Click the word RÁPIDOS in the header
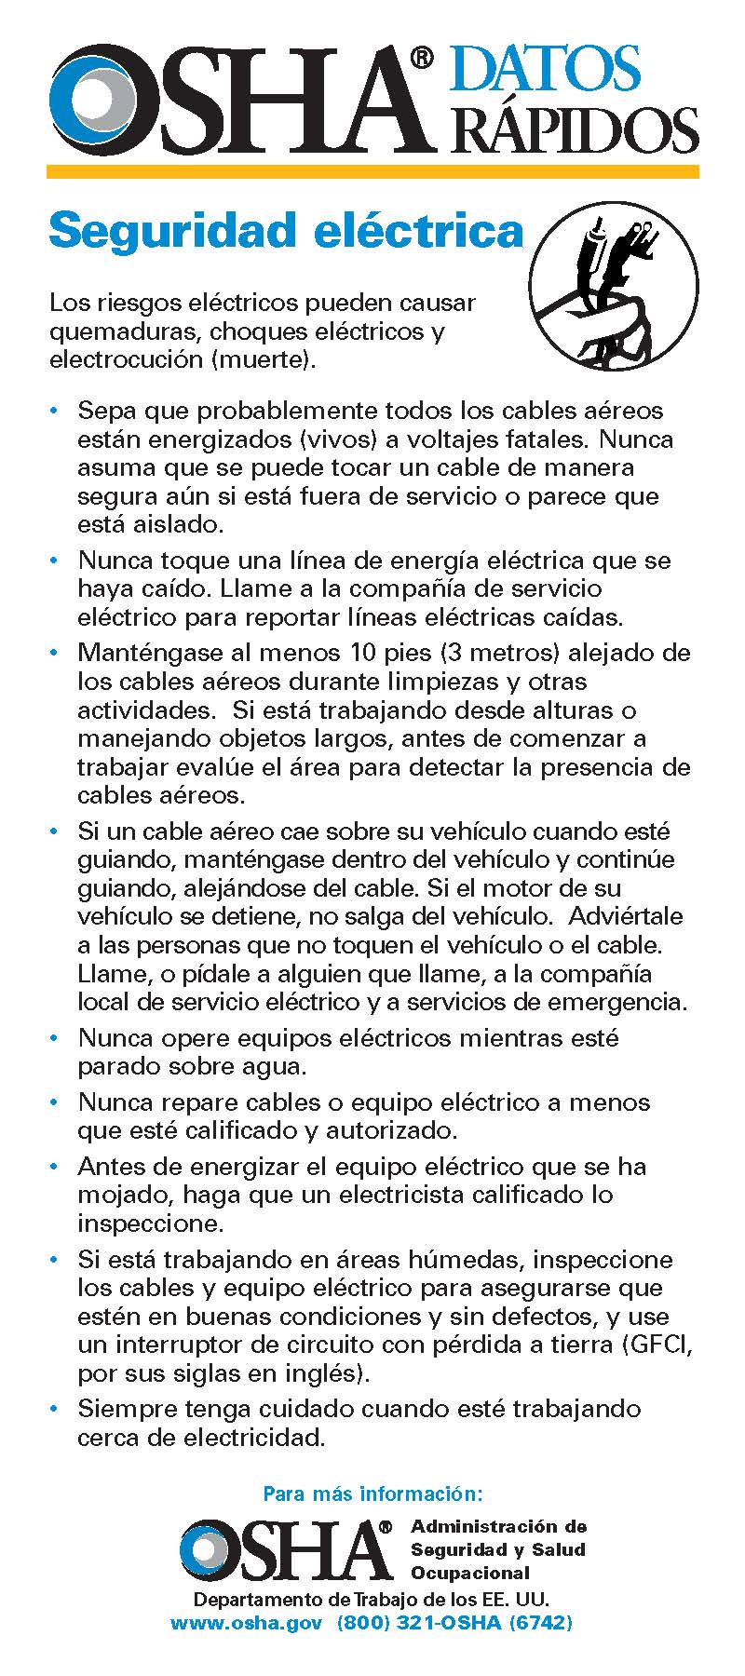point(575,128)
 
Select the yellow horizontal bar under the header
point(372,171)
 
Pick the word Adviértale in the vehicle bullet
point(633,915)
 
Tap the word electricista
point(407,1194)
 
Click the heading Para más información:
point(372,1494)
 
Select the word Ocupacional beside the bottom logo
point(470,1573)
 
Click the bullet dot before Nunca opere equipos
point(57,1036)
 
